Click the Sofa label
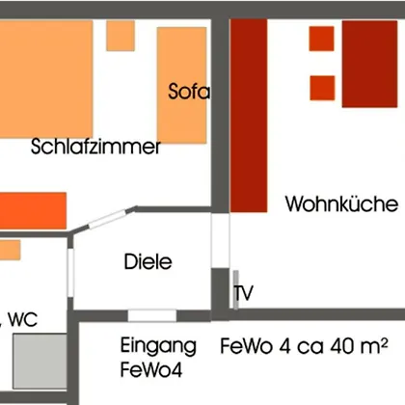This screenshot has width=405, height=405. coord(189,91)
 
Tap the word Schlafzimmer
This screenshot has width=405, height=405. coord(95,147)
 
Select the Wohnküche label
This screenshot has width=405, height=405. coord(342,203)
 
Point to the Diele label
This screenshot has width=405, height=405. coord(148,261)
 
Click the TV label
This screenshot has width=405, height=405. coord(244,293)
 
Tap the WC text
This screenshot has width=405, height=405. coord(23,319)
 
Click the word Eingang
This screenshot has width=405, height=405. coord(158,346)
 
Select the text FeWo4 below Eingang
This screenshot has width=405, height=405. coord(151,369)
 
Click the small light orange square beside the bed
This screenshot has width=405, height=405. coord(121,36)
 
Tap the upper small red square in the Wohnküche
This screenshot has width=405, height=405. coord(321,39)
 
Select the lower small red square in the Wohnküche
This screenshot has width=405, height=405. coord(322,88)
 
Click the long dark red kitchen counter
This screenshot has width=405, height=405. coord(249,116)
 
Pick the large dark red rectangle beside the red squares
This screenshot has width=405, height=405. coord(369,64)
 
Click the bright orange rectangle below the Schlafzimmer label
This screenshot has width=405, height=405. coord(33,210)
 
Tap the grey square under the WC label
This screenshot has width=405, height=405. coord(40,361)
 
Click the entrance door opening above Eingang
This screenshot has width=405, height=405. coord(152,315)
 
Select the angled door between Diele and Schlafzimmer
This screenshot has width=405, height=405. coord(107,219)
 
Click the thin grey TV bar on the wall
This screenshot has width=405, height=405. coord(236,290)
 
